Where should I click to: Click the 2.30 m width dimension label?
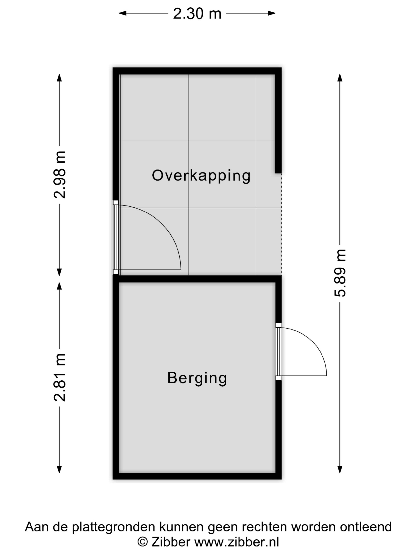tap(197, 13)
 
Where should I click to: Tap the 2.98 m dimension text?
tap(60, 175)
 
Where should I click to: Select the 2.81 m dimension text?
tap(60, 378)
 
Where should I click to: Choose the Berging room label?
tap(197, 378)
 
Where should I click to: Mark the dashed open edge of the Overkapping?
tap(282, 224)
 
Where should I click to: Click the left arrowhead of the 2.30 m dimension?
tap(122, 13)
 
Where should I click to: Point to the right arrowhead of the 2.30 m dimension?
tap(272, 13)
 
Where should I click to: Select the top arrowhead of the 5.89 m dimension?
tap(340, 78)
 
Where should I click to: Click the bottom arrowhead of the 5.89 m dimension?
tap(340, 469)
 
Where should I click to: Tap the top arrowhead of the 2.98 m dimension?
tap(59, 78)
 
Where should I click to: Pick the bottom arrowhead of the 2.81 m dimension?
tap(59, 469)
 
